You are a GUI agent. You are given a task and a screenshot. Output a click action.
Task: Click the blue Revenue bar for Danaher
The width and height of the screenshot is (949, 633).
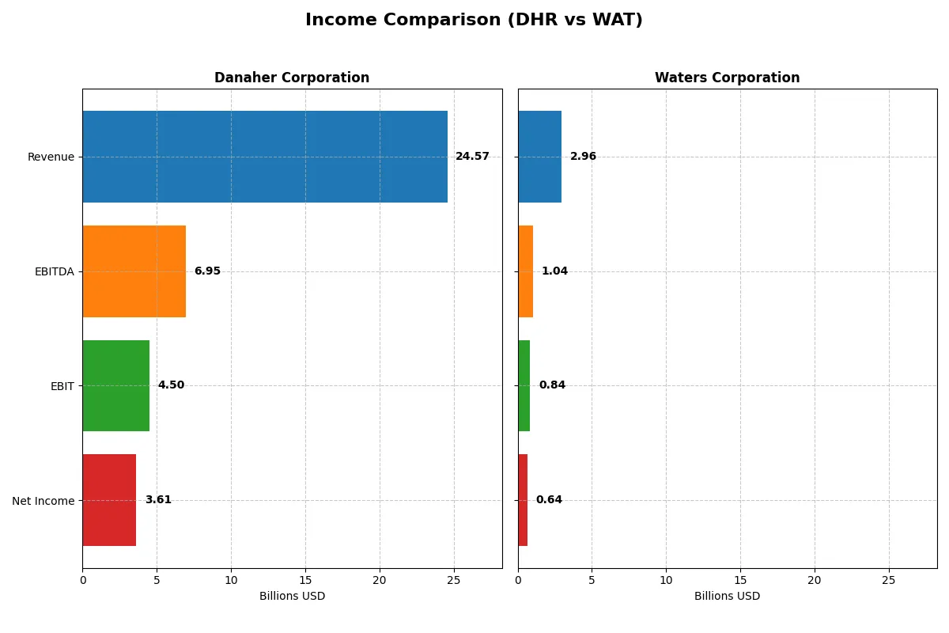[x=265, y=157]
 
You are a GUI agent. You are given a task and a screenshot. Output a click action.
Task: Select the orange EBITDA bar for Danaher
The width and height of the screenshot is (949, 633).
[x=134, y=271]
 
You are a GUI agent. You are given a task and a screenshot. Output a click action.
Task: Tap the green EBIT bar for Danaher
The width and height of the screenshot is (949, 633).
[x=116, y=385]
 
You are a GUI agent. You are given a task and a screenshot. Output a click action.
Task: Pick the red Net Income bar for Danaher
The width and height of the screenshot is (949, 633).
[x=109, y=500]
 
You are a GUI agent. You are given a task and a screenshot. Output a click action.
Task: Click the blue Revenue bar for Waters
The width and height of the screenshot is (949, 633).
[x=539, y=157]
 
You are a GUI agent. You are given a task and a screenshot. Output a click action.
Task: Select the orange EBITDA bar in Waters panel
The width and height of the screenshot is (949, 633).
[x=525, y=271]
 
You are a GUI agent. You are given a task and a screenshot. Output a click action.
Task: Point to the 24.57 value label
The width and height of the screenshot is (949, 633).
[x=472, y=157]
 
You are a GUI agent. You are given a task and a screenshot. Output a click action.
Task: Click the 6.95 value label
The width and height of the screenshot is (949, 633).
[x=207, y=271]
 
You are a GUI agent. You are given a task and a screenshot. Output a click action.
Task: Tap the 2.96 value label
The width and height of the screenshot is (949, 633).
[x=583, y=157]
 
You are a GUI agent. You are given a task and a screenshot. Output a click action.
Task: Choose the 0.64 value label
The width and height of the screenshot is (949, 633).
[x=549, y=500]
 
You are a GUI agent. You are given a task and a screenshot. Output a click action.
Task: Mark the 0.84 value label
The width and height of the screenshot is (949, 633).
[x=552, y=385]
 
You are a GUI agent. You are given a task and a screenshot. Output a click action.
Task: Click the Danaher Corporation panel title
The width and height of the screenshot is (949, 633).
[x=292, y=78]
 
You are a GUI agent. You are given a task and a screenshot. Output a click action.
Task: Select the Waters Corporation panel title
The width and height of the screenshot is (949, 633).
[x=727, y=78]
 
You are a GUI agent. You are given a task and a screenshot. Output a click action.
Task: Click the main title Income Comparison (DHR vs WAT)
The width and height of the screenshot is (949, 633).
[x=474, y=21]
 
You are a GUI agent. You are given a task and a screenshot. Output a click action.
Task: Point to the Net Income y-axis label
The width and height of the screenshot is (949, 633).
[x=43, y=501]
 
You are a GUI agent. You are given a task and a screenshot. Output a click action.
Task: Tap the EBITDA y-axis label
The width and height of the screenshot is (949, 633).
[x=55, y=272]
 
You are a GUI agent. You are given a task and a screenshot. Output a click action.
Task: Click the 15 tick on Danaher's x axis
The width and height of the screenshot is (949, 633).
[x=305, y=580]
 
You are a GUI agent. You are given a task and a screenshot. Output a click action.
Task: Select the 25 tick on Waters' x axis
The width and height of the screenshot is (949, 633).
[x=889, y=580]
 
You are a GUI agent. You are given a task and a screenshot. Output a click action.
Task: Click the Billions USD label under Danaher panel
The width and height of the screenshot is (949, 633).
[x=292, y=597]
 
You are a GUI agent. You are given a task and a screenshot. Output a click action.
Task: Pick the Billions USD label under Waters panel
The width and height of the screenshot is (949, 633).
[x=727, y=597]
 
